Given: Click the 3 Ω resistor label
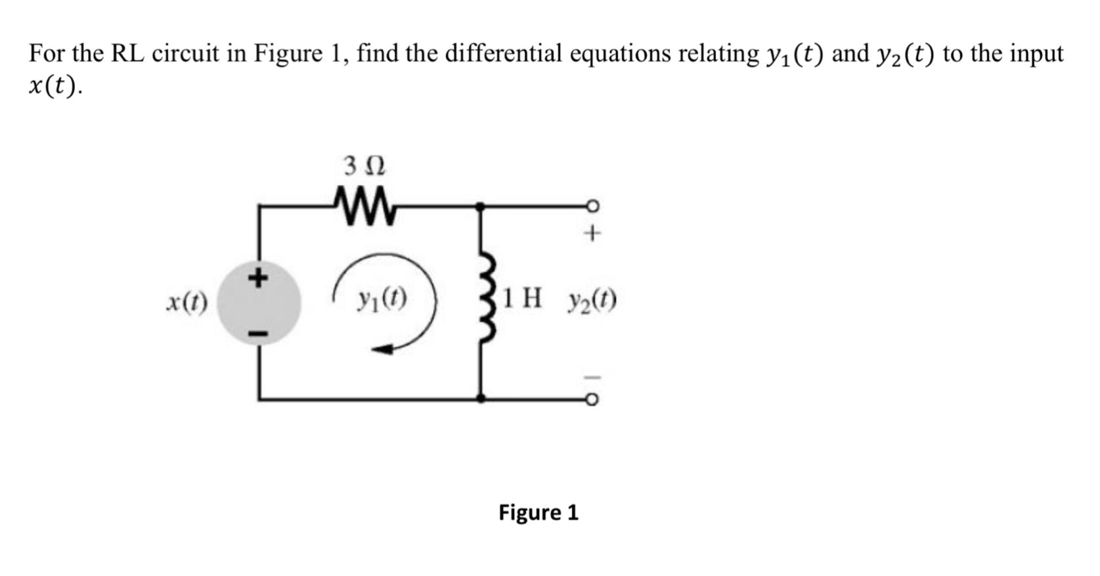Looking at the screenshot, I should [365, 166].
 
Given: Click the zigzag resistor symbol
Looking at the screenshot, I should [365, 206].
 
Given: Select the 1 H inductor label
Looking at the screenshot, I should [522, 299].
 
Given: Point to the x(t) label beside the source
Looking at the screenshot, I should [187, 302].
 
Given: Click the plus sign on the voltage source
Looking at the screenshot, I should [258, 277].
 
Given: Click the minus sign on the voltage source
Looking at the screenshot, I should [258, 335].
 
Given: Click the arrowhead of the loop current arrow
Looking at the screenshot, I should [382, 349].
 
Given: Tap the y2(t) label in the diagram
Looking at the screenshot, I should [592, 301].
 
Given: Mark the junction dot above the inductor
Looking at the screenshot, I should [481, 206].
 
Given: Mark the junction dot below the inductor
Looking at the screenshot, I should [481, 398].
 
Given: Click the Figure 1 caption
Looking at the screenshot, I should [539, 512].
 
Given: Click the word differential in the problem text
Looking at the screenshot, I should [503, 53].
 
